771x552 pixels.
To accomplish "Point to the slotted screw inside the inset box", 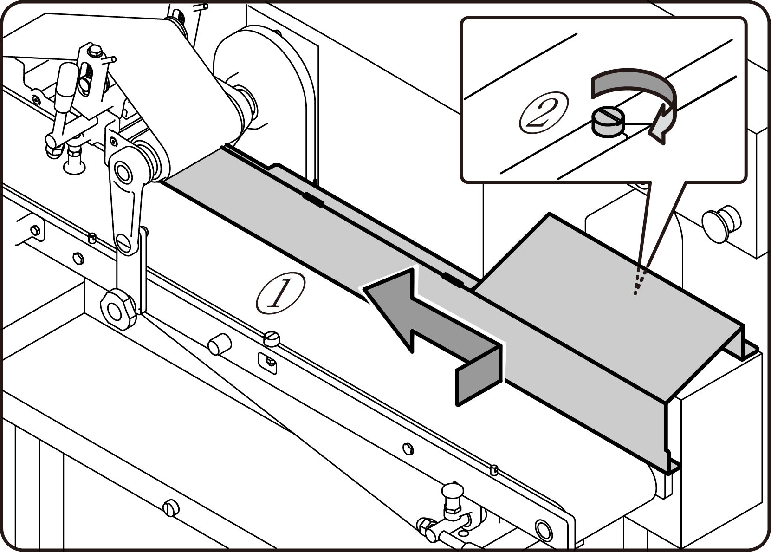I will click(x=608, y=120).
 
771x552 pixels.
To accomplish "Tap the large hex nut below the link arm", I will click(x=118, y=308).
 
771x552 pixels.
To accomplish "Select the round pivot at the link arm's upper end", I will click(x=123, y=172).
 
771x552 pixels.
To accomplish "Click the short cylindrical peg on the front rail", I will click(x=219, y=344).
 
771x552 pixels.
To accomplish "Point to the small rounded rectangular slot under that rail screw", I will click(x=268, y=362).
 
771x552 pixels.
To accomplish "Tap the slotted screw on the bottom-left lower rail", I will click(x=170, y=507).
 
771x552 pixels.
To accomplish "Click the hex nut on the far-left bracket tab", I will click(x=34, y=231).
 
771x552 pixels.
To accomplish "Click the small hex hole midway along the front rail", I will click(x=408, y=448).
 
